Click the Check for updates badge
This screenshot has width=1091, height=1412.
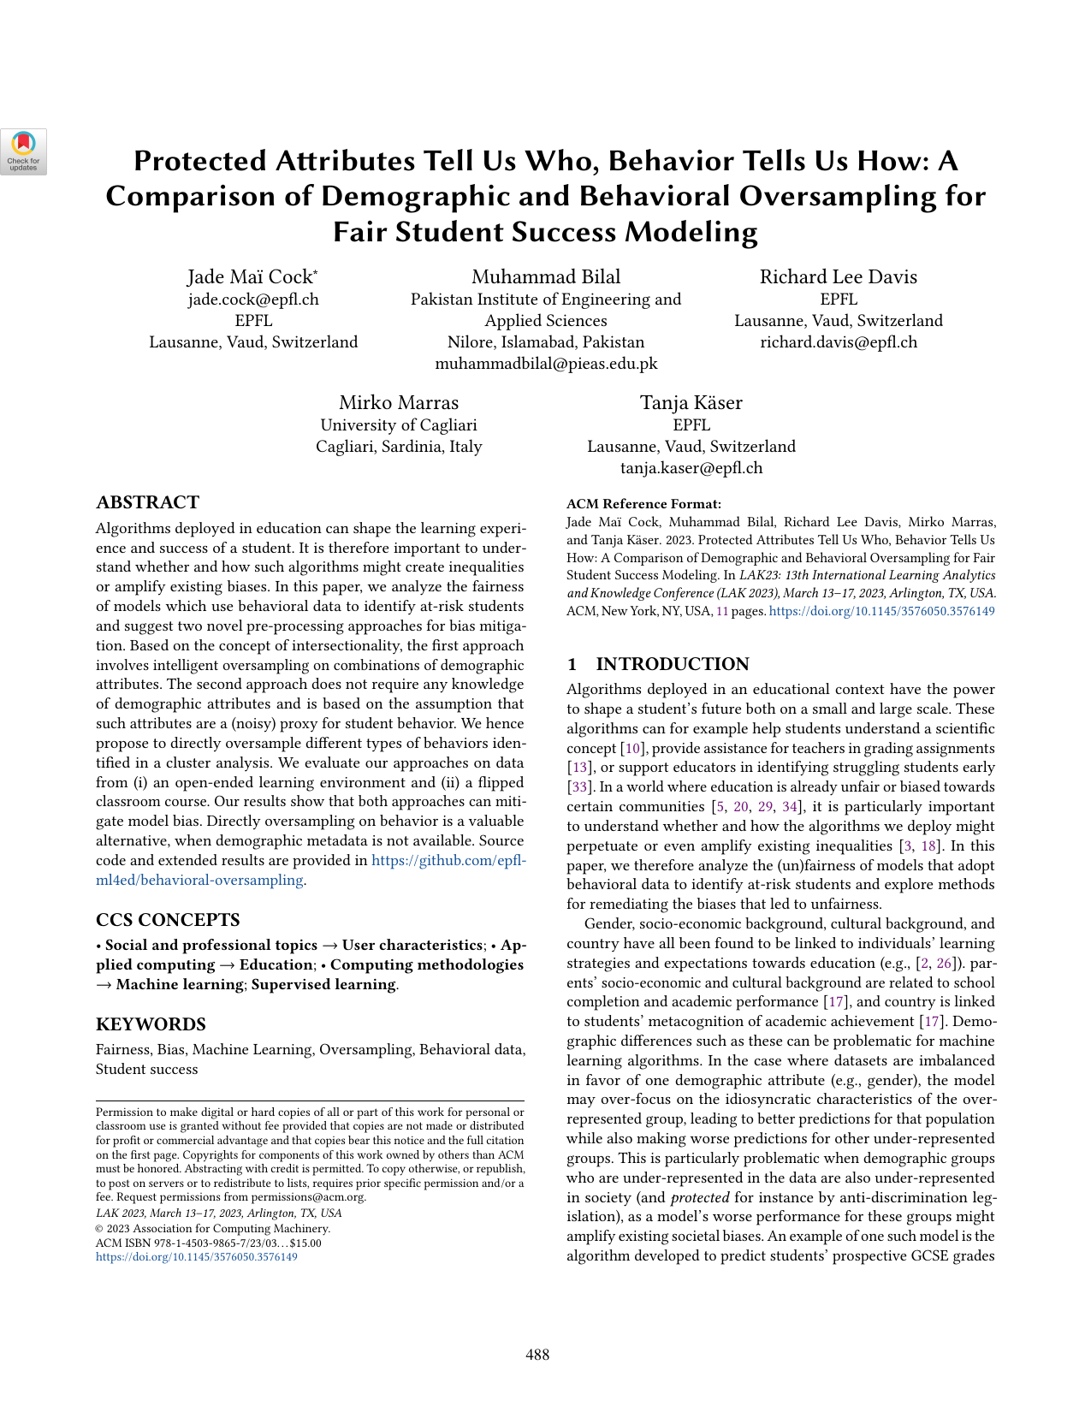tap(23, 151)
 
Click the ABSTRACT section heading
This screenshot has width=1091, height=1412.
tap(147, 502)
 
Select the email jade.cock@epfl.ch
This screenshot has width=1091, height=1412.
tap(253, 300)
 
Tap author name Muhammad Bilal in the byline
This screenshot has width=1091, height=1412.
tap(546, 276)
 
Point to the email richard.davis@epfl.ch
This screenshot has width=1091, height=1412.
tap(839, 342)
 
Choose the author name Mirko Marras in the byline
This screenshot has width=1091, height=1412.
tap(399, 403)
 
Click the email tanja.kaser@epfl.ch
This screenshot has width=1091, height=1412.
tap(691, 468)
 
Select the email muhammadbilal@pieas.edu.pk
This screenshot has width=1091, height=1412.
tap(546, 364)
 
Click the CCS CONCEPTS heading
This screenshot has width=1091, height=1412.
tap(168, 920)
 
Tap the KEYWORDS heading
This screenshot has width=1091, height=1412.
tap(151, 1024)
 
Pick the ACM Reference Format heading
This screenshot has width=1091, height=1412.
tap(643, 504)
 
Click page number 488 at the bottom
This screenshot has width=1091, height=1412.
tap(537, 1355)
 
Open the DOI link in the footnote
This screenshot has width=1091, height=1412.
tap(197, 1257)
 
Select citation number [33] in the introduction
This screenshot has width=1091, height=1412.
tap(578, 787)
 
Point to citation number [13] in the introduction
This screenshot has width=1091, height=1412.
tap(578, 768)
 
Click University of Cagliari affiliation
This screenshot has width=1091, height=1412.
tap(399, 425)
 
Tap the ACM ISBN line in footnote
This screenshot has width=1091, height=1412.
tap(209, 1243)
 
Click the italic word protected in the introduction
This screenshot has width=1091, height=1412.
tap(700, 1197)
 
